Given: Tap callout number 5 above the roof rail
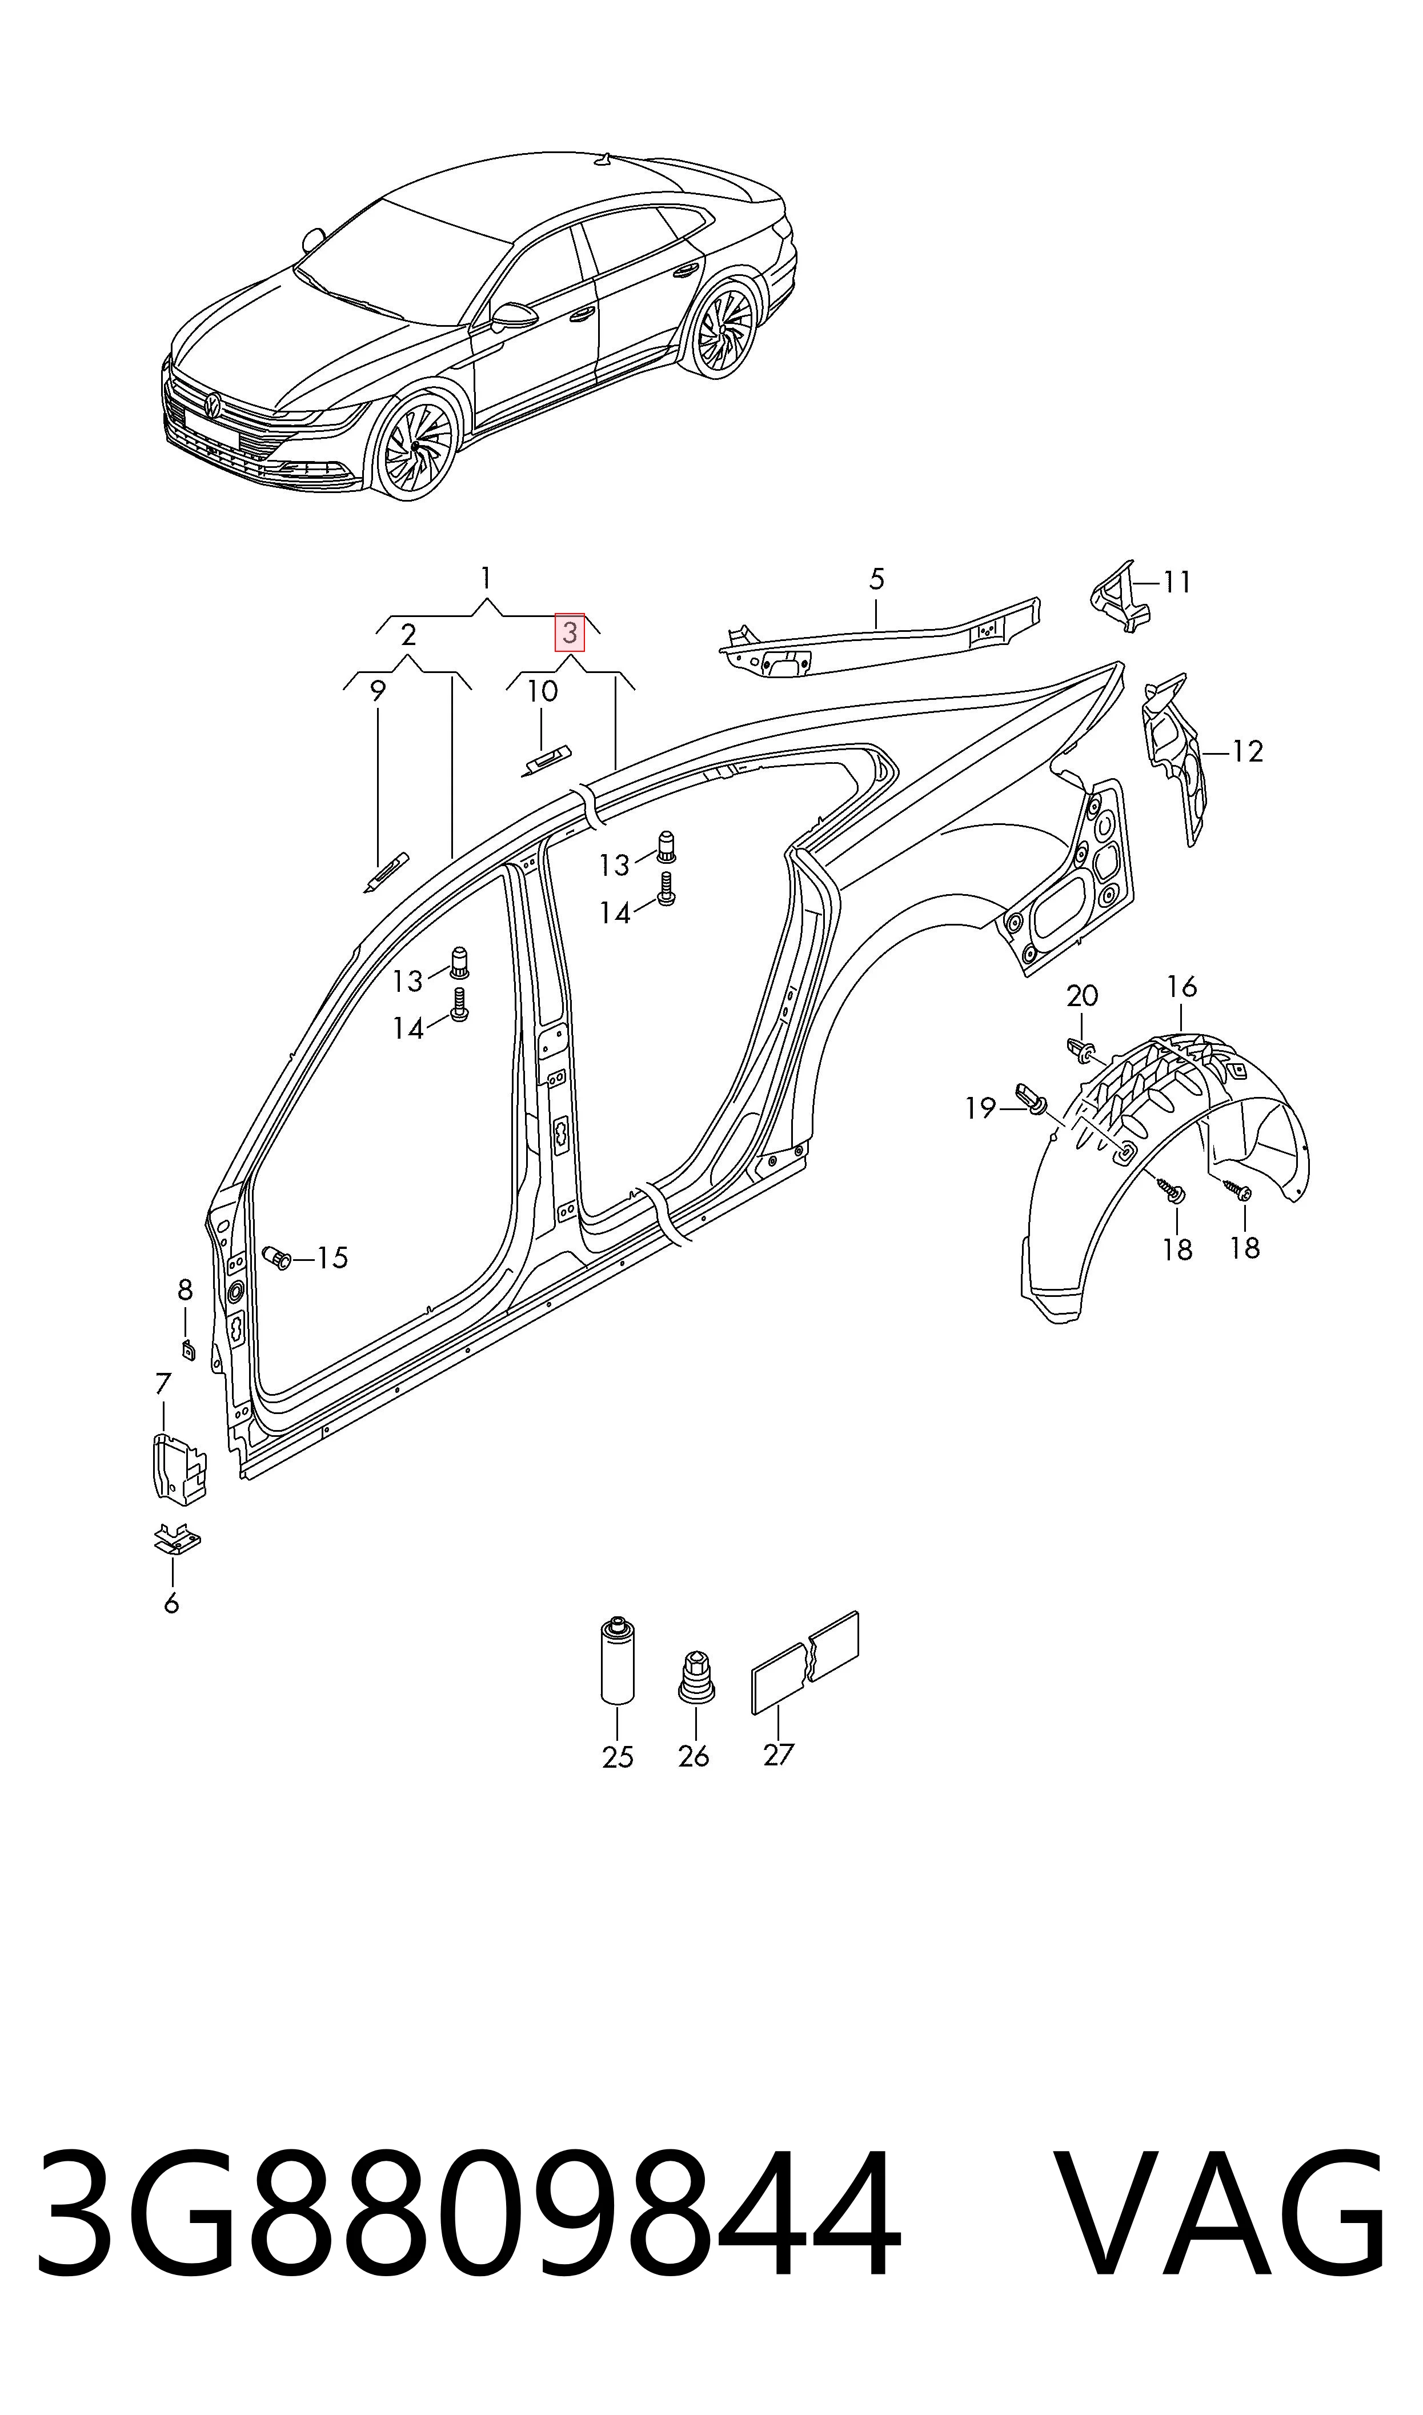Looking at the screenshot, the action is pos(876,579).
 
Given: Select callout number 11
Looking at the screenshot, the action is pos(1177,582).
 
